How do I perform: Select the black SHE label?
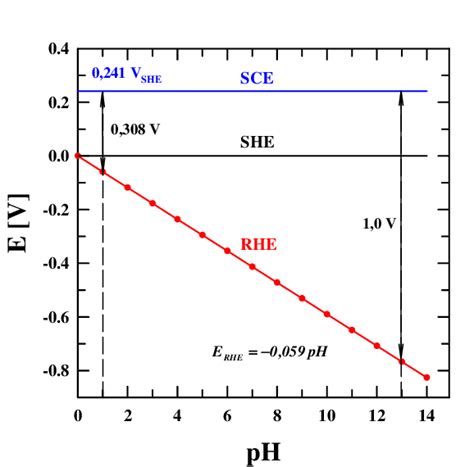click(257, 143)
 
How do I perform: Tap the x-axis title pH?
click(252, 450)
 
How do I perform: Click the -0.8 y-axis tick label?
click(56, 371)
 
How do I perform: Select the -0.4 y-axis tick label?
click(56, 264)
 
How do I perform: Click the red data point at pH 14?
click(427, 377)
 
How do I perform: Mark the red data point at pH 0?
click(77, 156)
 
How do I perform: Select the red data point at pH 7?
click(252, 266)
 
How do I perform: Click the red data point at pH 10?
click(327, 314)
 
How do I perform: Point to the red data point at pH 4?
click(177, 219)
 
